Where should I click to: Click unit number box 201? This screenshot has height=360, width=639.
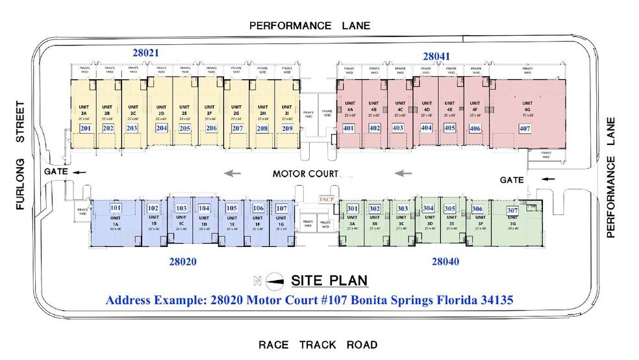click(x=85, y=129)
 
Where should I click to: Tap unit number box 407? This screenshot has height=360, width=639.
click(x=525, y=129)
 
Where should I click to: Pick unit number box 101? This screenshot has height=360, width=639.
click(x=116, y=208)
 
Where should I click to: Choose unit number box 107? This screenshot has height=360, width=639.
click(x=281, y=208)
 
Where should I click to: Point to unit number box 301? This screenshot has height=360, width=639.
click(x=353, y=208)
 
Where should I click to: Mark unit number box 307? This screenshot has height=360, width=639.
click(x=512, y=211)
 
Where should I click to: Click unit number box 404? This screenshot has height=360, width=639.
click(x=427, y=128)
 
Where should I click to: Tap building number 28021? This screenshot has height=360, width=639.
click(x=145, y=52)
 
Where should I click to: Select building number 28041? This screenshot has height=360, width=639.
click(x=436, y=57)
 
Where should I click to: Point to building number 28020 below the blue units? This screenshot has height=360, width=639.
click(x=182, y=262)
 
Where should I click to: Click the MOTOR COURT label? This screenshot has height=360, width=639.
click(x=305, y=174)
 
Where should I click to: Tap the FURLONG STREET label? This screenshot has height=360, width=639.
click(x=21, y=156)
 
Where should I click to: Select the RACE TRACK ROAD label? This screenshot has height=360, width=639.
click(x=318, y=344)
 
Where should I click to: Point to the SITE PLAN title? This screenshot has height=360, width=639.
click(x=329, y=281)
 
